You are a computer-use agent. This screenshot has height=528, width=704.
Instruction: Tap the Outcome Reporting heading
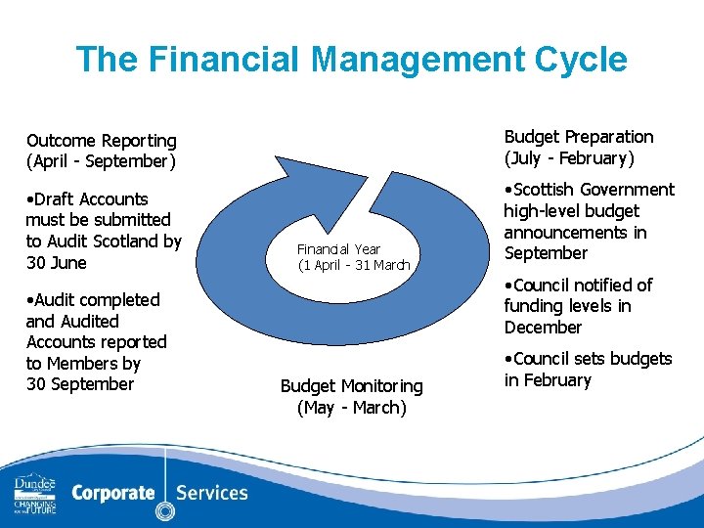[x=102, y=141]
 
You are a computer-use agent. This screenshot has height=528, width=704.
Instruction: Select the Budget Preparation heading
[x=578, y=137]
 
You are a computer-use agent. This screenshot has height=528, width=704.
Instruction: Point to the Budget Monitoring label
[x=351, y=386]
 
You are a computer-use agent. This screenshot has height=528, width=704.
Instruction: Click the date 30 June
[x=56, y=263]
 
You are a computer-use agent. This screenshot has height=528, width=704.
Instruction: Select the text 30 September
[x=80, y=384]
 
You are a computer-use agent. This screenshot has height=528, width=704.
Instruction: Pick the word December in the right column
[x=543, y=328]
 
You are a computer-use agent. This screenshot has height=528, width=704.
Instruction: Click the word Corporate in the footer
[x=113, y=493]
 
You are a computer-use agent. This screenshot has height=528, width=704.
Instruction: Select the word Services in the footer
[x=210, y=493]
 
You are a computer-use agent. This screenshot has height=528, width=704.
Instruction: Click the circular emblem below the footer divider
[x=164, y=510]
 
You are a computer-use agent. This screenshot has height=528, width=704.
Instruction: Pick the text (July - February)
[x=569, y=158]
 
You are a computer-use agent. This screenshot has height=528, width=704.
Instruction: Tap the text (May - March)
[x=351, y=408]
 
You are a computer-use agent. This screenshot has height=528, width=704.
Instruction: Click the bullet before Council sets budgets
[x=508, y=359]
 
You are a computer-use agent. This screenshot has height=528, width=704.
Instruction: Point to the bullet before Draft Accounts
[x=30, y=199]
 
